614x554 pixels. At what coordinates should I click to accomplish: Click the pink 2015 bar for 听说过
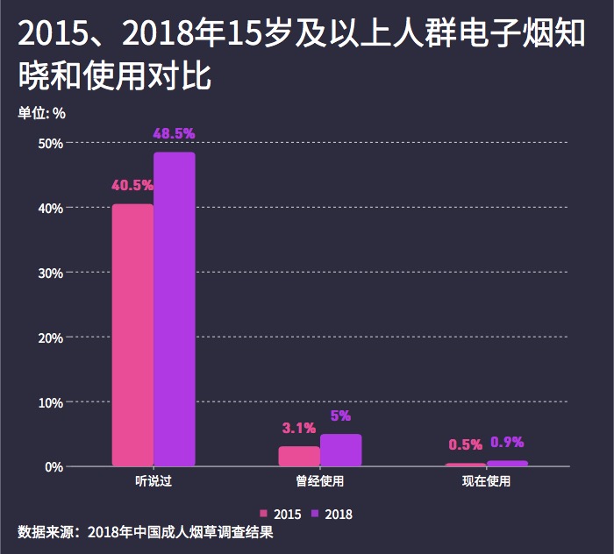132,335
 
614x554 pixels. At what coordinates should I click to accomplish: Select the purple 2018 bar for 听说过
175,309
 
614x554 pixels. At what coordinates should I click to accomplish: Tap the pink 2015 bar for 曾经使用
299,456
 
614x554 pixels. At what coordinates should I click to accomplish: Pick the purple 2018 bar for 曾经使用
340,450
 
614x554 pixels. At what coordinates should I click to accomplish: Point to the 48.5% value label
174,134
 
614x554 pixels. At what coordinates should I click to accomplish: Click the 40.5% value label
132,186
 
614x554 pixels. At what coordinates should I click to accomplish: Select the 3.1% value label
298,429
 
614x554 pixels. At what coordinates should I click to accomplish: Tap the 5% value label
340,415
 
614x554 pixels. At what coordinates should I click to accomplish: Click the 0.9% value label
507,442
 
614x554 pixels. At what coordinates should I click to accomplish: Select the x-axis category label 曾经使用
319,482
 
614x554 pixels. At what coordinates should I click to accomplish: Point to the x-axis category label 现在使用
486,482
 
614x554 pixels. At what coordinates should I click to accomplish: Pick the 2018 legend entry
332,514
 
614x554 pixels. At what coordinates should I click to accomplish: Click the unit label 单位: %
42,112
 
